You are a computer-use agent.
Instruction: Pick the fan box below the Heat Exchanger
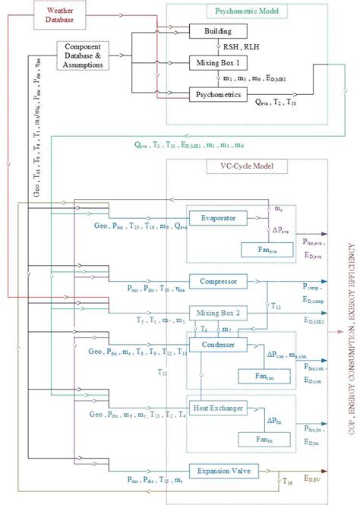click(262, 439)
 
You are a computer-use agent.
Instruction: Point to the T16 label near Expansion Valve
click(287, 481)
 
